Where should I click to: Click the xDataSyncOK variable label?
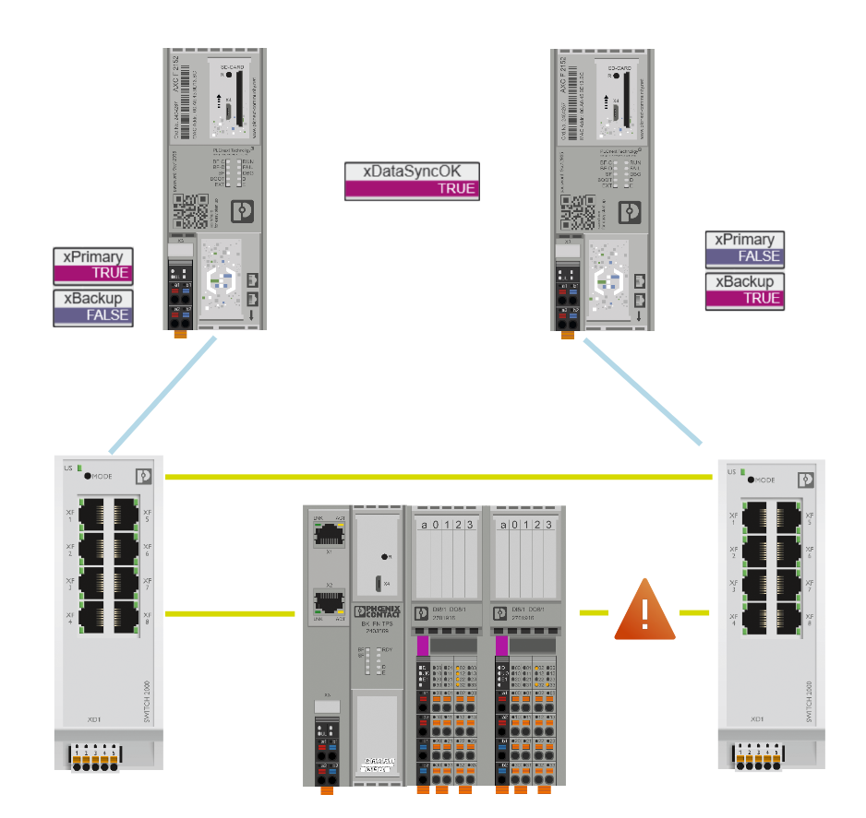(413, 172)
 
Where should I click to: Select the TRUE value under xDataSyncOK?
(413, 189)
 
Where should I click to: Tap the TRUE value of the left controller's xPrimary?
(93, 273)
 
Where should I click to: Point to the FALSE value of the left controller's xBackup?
(93, 314)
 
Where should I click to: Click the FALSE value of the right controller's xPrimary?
(745, 256)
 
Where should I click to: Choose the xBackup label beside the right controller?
(745, 281)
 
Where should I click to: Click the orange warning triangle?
(645, 611)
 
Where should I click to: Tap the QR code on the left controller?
(190, 211)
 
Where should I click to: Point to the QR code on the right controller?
(578, 211)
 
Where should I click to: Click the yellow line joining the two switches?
(439, 477)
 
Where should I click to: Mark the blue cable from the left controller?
(162, 396)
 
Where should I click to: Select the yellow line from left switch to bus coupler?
(231, 612)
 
